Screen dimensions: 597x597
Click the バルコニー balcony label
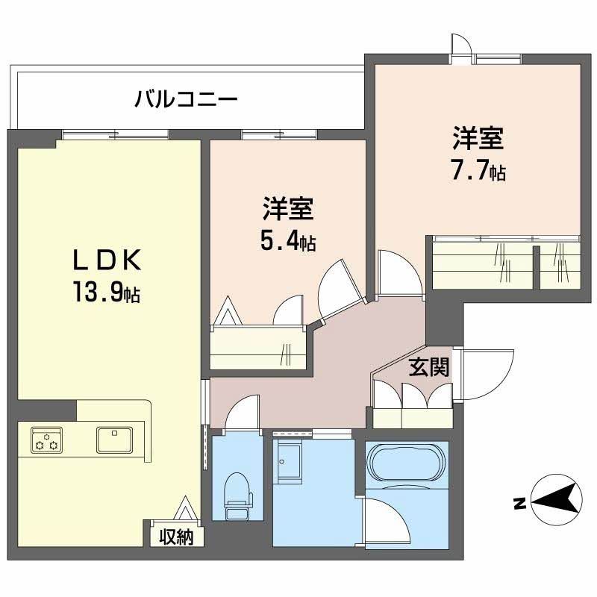186,99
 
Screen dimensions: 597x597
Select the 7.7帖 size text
478,171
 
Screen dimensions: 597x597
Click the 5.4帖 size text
287,240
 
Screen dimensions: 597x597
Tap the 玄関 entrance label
428,368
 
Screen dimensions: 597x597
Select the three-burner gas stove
47,439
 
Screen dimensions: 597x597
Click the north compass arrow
556,502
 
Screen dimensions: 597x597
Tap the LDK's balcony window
116,134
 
